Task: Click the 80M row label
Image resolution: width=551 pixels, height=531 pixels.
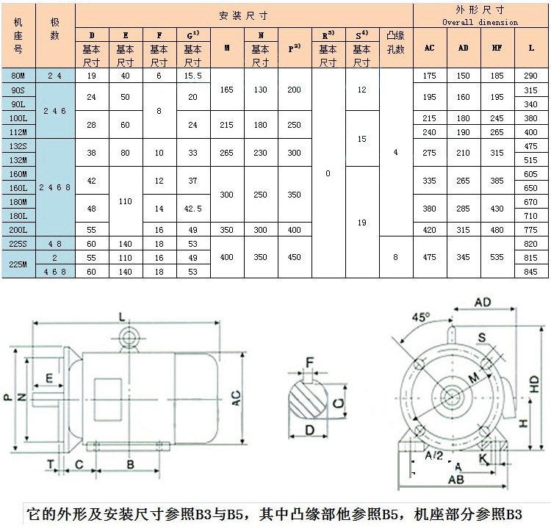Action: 18,76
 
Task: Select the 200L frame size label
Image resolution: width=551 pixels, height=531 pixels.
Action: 18,229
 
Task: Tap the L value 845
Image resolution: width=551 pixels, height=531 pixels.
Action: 531,271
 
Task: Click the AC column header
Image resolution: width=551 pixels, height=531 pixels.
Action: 430,48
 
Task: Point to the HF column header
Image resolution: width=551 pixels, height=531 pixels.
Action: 497,48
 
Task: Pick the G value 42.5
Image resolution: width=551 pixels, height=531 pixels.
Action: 192,209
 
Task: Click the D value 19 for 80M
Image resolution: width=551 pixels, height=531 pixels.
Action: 92,76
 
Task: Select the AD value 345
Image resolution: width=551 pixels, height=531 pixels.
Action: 463,257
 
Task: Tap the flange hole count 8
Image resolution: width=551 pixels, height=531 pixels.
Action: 396,257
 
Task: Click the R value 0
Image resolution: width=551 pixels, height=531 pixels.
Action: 328,173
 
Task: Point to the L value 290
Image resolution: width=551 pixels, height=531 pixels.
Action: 531,76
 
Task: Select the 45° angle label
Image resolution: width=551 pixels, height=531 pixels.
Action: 420,317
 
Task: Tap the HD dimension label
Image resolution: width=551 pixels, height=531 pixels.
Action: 535,383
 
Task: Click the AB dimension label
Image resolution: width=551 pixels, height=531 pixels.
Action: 455,480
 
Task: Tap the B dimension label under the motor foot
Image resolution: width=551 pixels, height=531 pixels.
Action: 130,464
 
